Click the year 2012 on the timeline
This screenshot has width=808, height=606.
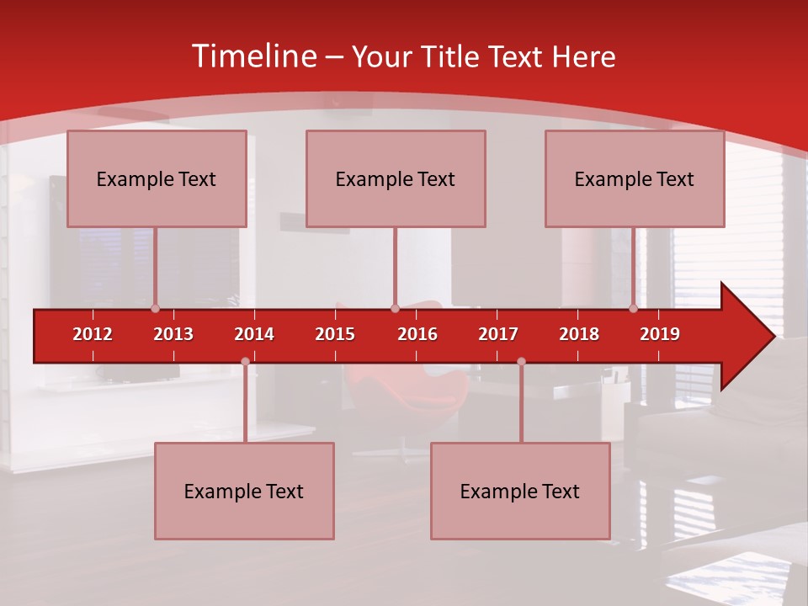[93, 334]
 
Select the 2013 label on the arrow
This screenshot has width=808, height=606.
[173, 334]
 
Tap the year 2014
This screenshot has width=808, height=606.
[254, 334]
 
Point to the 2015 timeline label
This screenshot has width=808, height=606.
[335, 334]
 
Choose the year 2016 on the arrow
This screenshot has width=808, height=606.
[417, 334]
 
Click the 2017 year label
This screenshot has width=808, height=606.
[498, 334]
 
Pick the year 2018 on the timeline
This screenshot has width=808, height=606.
[579, 334]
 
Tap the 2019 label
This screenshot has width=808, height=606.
[660, 334]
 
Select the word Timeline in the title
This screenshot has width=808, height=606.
[252, 56]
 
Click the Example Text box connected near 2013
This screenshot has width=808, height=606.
[157, 178]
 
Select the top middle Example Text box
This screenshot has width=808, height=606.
[396, 178]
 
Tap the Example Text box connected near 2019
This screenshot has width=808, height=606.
[635, 178]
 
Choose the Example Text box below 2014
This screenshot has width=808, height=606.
[244, 491]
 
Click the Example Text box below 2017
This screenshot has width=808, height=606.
[520, 491]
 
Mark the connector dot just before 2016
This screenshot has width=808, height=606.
[395, 309]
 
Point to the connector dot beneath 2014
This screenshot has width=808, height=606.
[245, 362]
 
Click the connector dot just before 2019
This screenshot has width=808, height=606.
[634, 309]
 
